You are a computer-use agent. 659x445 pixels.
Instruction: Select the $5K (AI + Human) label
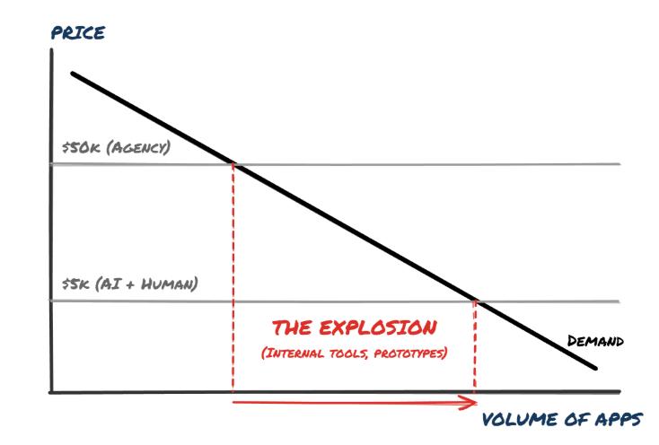pyautogui.click(x=124, y=285)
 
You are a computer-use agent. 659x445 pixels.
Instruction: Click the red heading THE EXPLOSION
pyautogui.click(x=355, y=327)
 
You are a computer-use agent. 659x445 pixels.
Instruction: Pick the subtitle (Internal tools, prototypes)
pyautogui.click(x=355, y=353)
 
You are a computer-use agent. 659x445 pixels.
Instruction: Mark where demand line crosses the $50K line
pyautogui.click(x=233, y=163)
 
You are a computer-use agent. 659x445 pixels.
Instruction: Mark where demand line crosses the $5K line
pyautogui.click(x=475, y=301)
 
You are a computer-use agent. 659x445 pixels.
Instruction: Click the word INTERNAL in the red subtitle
pyautogui.click(x=292, y=353)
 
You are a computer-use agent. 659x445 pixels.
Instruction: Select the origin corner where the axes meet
pyautogui.click(x=52, y=392)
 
